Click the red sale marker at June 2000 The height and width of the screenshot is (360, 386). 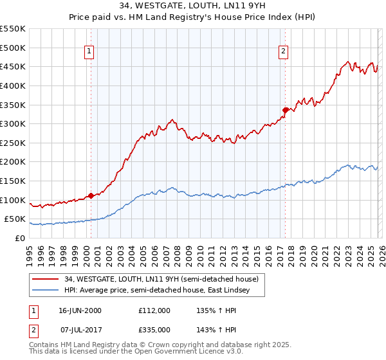point(91,195)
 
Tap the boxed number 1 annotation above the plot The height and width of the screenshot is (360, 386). point(89,53)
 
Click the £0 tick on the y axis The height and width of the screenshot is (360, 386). point(21,238)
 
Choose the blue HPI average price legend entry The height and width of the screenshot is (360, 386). point(161,291)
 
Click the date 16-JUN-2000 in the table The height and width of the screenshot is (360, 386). point(80,310)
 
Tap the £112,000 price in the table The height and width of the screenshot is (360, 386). point(154,310)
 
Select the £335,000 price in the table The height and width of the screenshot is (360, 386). point(154,329)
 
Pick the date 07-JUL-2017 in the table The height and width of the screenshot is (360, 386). point(80,329)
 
